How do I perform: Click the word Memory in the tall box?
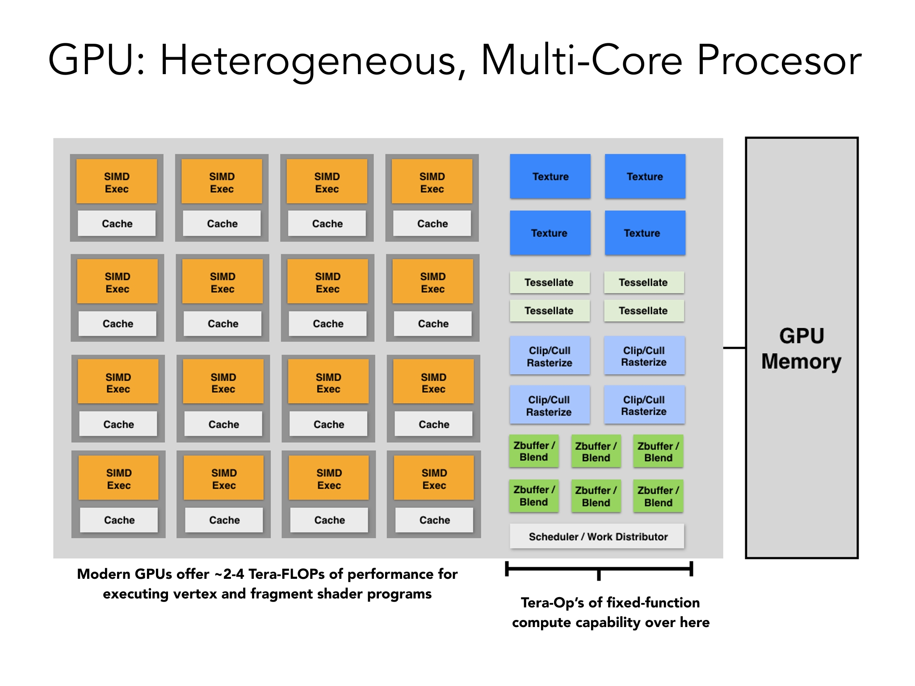pyautogui.click(x=802, y=362)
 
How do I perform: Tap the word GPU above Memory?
pyautogui.click(x=802, y=336)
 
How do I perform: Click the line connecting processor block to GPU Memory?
pyautogui.click(x=735, y=347)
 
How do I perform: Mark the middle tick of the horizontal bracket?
pyautogui.click(x=599, y=575)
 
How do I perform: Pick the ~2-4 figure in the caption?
pyautogui.click(x=229, y=574)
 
